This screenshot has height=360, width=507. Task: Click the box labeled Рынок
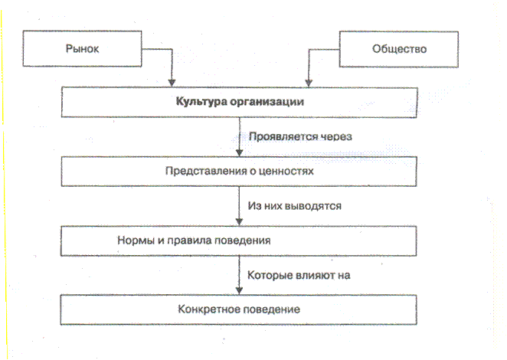pos(83,50)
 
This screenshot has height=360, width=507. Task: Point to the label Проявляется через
pos(295,138)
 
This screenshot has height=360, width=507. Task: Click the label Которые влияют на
pos(299,273)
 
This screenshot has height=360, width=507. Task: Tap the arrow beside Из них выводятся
pos(240,206)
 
